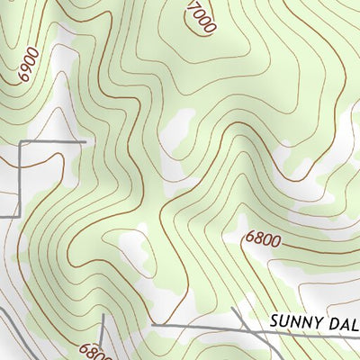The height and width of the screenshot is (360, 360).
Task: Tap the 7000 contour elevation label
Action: (201, 17)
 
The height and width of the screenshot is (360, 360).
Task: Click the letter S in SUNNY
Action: (274, 321)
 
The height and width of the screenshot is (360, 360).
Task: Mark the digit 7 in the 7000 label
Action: (192, 6)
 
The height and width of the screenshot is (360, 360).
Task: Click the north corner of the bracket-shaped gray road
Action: (20, 142)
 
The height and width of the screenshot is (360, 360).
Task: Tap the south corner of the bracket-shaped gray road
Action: (19, 216)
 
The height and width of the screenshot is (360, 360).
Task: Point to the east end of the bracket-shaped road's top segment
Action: (85, 142)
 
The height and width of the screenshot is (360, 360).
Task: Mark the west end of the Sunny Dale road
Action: (153, 324)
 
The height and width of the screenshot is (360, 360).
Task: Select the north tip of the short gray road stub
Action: (102, 315)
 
